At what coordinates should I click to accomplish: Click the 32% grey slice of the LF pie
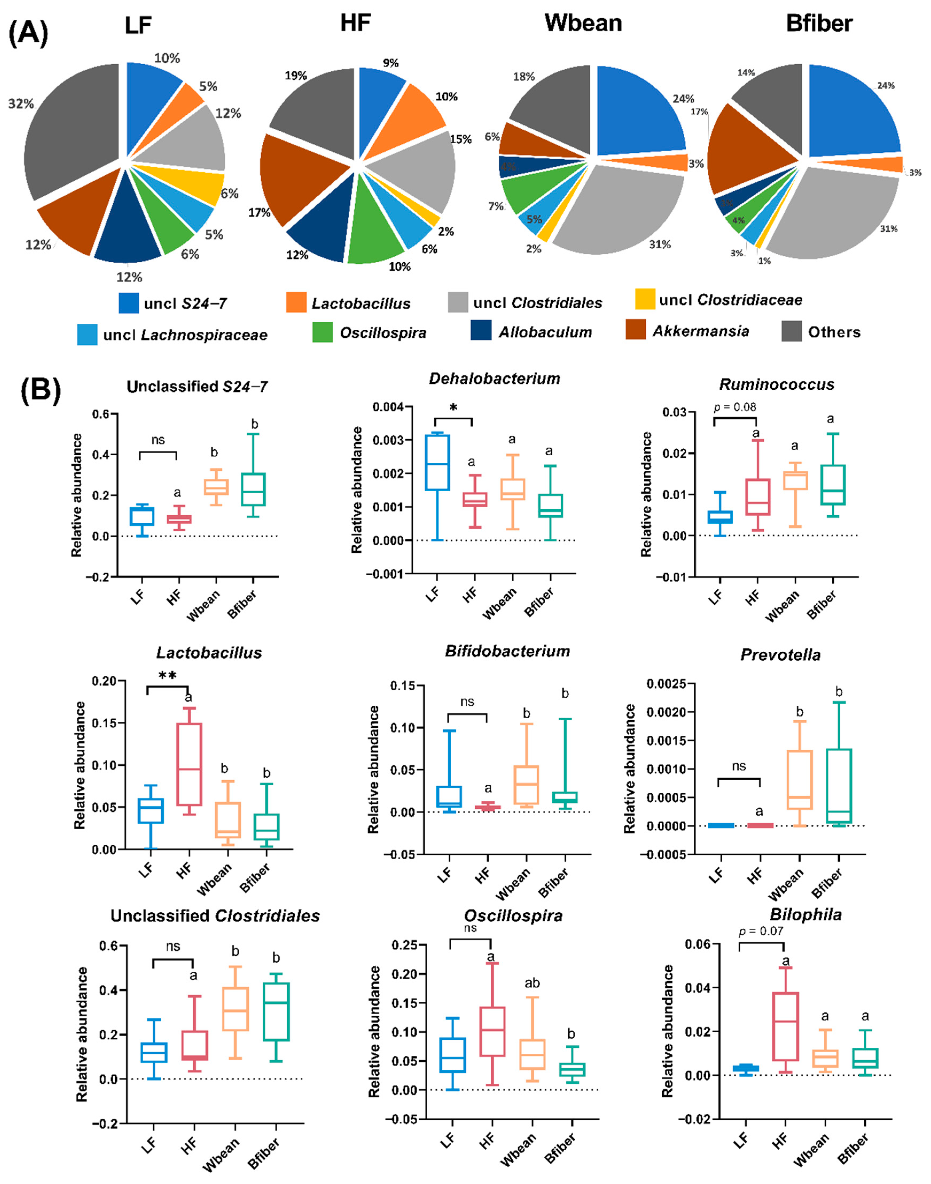(x=71, y=131)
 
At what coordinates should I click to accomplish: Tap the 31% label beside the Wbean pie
(x=660, y=245)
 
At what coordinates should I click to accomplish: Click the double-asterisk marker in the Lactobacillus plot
(x=167, y=676)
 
